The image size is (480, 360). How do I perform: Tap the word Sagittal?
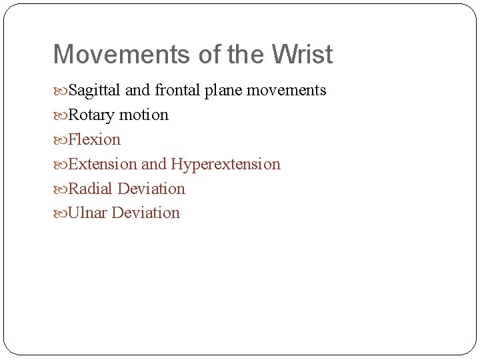(94, 91)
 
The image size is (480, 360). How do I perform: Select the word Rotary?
(91, 115)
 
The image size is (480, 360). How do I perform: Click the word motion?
(143, 115)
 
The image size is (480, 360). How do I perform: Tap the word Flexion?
(95, 140)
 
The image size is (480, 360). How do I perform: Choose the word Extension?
(103, 165)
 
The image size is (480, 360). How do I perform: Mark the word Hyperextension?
(225, 165)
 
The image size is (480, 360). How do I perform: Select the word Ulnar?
(88, 214)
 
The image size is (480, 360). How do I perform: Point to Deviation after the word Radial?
(151, 189)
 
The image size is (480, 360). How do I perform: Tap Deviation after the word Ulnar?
(146, 214)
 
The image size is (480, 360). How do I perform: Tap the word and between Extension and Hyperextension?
(153, 165)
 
